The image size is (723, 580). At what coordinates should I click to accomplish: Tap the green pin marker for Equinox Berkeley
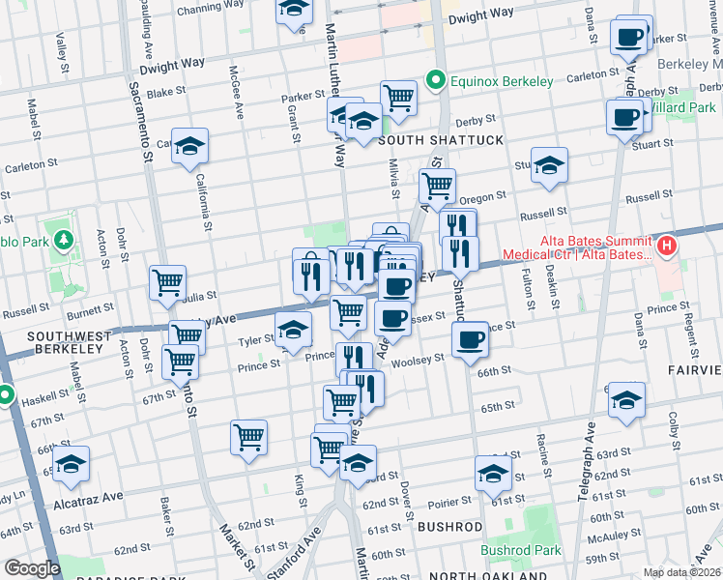click(x=437, y=79)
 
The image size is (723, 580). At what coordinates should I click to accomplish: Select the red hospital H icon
click(x=666, y=247)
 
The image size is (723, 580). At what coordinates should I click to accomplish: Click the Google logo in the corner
click(x=31, y=568)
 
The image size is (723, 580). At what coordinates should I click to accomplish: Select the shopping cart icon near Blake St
click(x=398, y=97)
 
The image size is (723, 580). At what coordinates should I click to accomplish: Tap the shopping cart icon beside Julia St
click(x=168, y=282)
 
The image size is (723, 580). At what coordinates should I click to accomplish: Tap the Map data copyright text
click(x=680, y=572)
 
